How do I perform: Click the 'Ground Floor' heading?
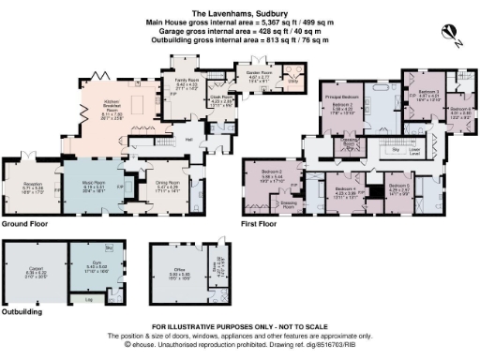pos(26,225)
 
